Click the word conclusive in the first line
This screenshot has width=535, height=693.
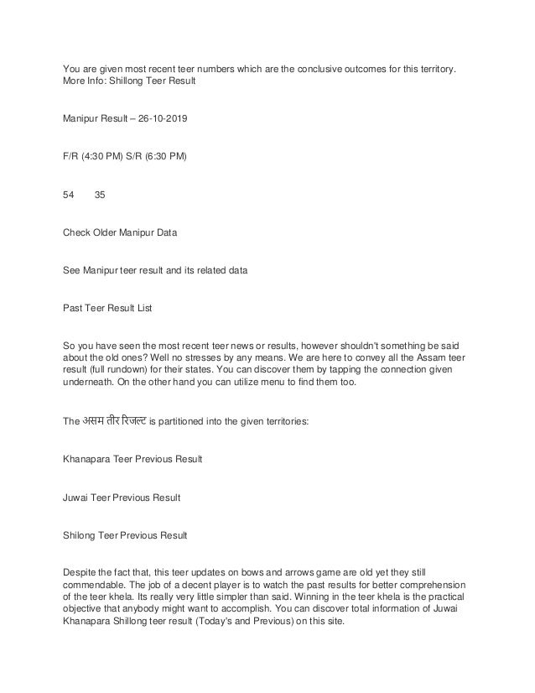point(319,68)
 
